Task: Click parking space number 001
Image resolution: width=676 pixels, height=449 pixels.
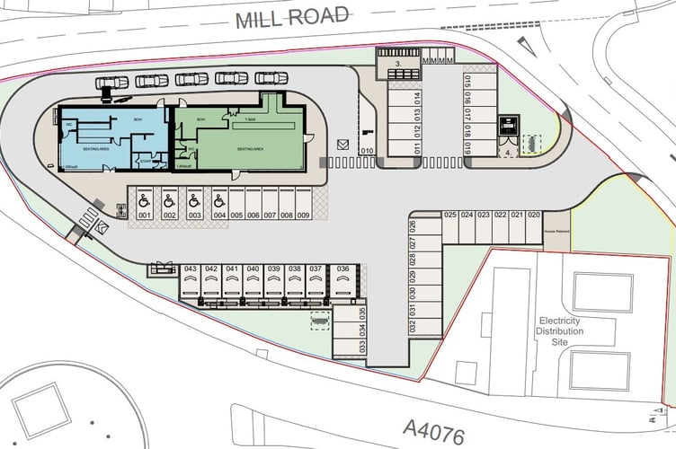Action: coord(144,216)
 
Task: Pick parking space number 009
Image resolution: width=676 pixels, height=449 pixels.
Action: coord(303,216)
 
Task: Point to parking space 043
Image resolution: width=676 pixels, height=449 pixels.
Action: coord(190,269)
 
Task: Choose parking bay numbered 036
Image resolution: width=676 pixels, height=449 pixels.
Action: coord(342,269)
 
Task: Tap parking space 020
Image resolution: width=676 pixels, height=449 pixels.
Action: coord(534,215)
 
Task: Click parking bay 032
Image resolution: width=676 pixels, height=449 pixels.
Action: coord(413,326)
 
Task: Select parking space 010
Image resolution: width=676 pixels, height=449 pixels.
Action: coord(366,151)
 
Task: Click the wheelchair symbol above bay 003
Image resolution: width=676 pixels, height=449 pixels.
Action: coord(194,202)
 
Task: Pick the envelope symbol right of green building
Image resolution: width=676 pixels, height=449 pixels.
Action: coord(342,144)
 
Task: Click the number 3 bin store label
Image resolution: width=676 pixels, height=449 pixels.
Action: coord(398,66)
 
